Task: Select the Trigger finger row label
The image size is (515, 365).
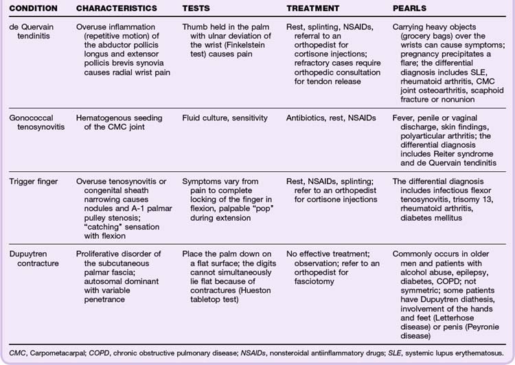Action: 31,181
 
